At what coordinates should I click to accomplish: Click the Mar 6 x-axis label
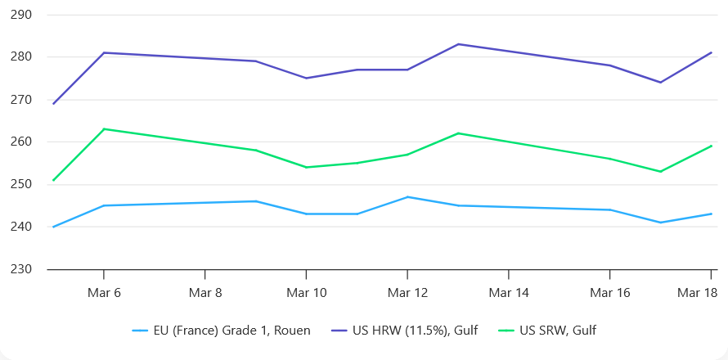(103, 292)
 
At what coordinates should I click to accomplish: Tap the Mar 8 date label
(204, 292)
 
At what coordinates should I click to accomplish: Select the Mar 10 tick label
(306, 292)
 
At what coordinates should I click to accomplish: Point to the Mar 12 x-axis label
(407, 292)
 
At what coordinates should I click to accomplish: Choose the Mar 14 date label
(508, 292)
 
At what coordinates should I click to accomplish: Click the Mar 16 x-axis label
(609, 292)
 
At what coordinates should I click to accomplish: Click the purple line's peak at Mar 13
(458, 44)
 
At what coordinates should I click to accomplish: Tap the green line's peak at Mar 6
(103, 128)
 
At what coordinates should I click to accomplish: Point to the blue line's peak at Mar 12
(407, 197)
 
